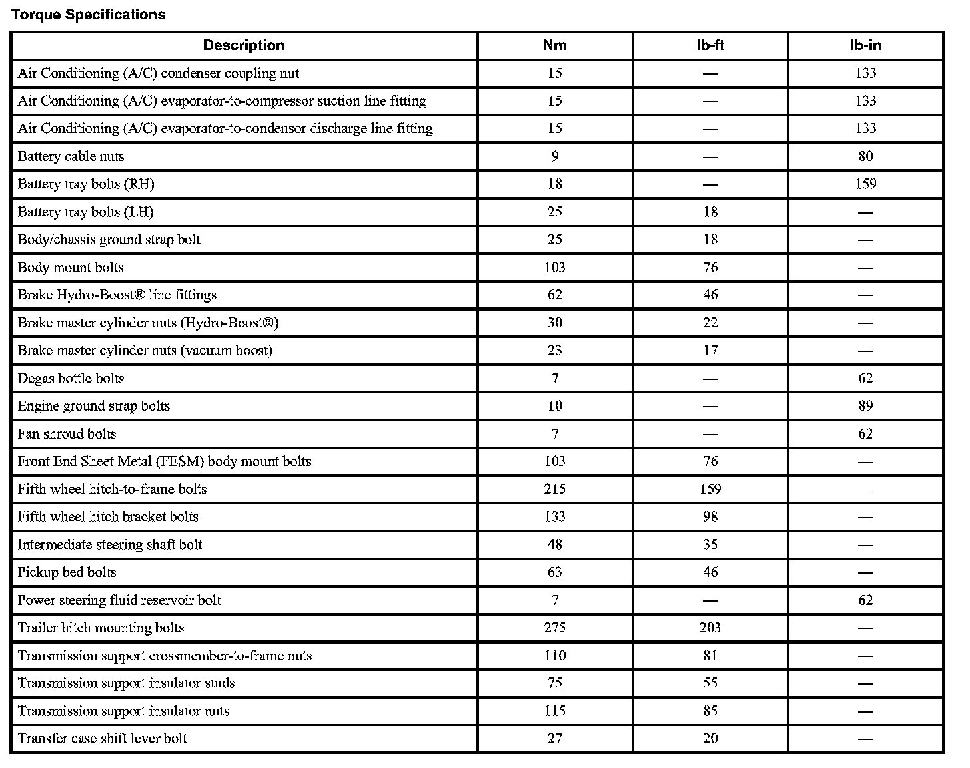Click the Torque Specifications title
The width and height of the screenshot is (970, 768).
88,15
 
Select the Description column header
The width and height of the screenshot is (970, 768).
243,45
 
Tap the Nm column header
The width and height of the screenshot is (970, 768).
554,45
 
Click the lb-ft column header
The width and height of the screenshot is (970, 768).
710,45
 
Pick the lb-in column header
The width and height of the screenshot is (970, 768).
865,45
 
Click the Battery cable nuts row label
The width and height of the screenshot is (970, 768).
71,156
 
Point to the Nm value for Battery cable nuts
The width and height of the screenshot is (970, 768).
554,156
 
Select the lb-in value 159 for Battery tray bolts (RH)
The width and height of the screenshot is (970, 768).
865,184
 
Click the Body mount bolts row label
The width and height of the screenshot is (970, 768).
71,268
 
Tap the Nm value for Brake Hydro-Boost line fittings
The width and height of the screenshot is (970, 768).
554,295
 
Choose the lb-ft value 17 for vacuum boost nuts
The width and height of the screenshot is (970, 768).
710,351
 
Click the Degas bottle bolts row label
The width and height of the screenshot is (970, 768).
71,379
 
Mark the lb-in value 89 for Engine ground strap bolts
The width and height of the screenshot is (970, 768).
865,406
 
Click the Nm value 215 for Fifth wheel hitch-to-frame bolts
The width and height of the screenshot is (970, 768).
554,489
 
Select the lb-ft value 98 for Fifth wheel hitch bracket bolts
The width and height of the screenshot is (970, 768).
710,517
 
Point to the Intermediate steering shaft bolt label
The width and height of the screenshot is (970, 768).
110,545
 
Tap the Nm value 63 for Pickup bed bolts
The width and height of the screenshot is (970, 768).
554,572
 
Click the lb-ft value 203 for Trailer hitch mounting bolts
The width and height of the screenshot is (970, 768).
710,628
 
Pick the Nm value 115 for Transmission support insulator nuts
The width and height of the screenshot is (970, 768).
554,711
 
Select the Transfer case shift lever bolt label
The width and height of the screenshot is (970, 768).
103,739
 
